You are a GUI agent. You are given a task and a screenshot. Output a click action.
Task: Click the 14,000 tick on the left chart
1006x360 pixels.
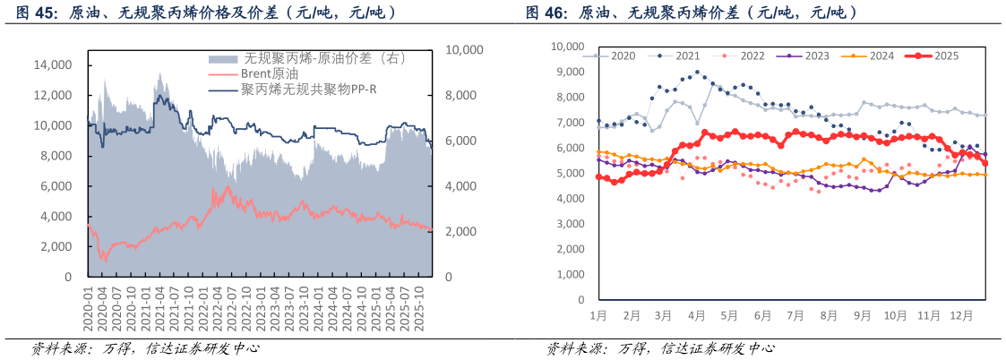point(53,65)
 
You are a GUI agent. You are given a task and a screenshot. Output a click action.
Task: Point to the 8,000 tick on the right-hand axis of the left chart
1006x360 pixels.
point(466,96)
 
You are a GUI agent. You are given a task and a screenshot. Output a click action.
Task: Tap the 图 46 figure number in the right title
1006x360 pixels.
point(546,13)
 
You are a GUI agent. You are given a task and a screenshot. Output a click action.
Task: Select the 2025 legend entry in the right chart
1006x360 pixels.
point(946,56)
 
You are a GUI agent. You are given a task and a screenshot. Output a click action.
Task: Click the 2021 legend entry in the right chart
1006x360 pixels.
point(686,56)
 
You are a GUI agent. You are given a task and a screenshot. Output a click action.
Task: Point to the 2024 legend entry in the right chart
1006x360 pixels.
point(881,56)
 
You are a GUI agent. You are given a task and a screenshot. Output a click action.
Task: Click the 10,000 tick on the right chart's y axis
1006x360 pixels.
point(568,47)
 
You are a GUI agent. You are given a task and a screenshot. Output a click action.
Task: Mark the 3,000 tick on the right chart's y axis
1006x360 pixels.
point(571,224)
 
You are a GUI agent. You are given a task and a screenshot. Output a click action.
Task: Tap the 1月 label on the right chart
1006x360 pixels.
point(598,315)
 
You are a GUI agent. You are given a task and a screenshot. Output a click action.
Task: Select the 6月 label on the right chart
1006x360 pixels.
point(761,315)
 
